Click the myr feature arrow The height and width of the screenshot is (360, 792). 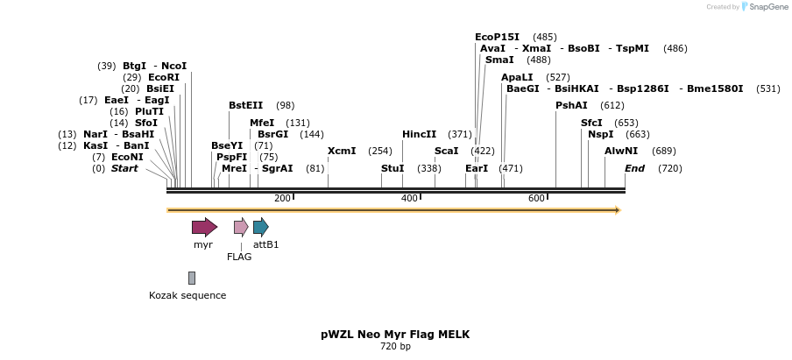coord(204,228)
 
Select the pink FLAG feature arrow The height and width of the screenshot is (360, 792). coord(241,228)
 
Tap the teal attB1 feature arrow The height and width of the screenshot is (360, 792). coord(261,228)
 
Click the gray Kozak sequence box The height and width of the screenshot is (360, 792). coord(192,278)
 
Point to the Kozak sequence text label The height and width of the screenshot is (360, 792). coord(187,295)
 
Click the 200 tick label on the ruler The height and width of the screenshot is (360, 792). coord(282,199)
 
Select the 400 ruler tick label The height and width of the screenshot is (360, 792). coord(409,199)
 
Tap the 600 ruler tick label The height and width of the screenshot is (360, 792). coord(536,199)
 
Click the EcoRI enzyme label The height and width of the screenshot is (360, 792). coord(164,77)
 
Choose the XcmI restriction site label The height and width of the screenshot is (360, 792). coord(342,151)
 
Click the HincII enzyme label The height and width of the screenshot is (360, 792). coord(419,134)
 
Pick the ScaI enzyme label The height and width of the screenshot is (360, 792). coord(446,151)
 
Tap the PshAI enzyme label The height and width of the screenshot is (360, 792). coord(571,105)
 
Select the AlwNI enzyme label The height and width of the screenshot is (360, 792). coord(621,151)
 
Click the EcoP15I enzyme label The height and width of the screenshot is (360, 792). coord(497,37)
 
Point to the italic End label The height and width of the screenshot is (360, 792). coord(634,168)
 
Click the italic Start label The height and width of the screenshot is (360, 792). coord(124,168)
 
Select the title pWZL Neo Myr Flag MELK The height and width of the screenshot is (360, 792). coord(395,335)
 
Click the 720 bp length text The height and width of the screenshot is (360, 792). coord(395,347)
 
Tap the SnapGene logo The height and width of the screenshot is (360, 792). coord(763,7)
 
